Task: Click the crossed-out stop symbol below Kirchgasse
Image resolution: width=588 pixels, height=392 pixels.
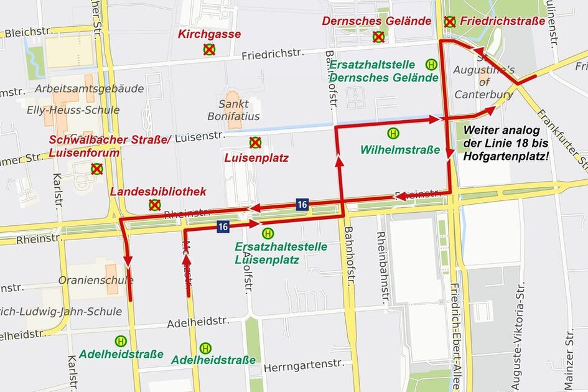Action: [x=209, y=49]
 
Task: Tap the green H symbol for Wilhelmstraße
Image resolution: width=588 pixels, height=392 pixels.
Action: [x=393, y=133]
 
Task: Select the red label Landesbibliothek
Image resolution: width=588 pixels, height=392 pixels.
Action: [x=158, y=192]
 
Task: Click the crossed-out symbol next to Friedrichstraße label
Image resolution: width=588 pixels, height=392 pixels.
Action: [x=449, y=22]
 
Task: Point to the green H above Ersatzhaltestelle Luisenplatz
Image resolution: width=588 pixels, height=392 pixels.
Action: [x=268, y=233]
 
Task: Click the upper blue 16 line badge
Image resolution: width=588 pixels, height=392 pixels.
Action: [x=302, y=204]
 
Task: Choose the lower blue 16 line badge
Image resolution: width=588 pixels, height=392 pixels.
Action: [x=223, y=226]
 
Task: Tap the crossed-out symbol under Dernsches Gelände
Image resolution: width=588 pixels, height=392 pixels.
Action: [x=378, y=37]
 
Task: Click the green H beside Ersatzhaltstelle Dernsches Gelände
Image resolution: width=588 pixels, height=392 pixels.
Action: [x=431, y=64]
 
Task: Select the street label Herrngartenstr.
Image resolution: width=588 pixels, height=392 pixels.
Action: [x=304, y=366]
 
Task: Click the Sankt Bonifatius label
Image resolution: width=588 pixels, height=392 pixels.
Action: [x=234, y=110]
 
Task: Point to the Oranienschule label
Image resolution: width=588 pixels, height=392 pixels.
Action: [x=88, y=280]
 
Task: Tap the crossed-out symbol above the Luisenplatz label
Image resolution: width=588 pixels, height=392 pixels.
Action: [x=255, y=142]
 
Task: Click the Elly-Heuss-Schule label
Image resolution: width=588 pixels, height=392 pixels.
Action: [x=73, y=110]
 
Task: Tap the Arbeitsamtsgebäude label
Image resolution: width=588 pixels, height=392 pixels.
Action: [x=89, y=89]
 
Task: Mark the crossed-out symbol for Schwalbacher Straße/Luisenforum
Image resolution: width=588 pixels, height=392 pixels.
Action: [x=96, y=169]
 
